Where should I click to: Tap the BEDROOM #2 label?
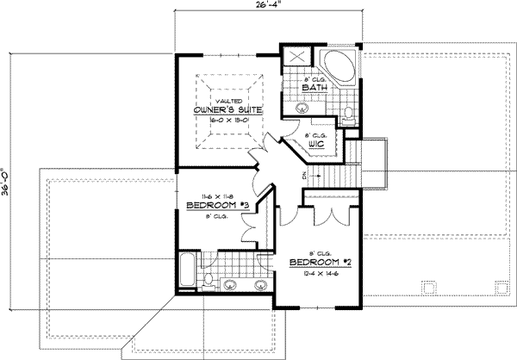pos(314,262)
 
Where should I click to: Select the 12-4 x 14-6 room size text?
pos(314,273)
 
